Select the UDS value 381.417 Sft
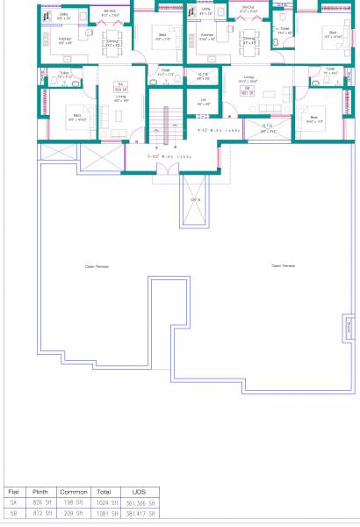[140, 513]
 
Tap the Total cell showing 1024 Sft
[104, 502]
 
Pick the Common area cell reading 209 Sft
[71, 513]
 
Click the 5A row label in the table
[13, 502]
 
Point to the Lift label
[204, 101]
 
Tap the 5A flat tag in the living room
[120, 87]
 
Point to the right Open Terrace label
[284, 264]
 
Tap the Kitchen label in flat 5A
[65, 40]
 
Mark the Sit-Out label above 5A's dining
[109, 11]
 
